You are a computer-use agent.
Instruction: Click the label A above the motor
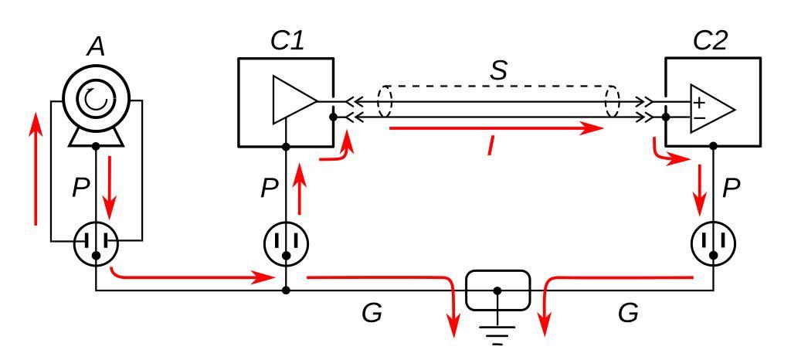[96, 48]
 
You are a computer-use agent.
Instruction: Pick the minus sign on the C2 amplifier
[698, 118]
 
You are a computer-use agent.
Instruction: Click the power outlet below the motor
[96, 244]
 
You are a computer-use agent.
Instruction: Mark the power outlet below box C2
[713, 244]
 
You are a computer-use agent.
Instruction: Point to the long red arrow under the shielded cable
[495, 128]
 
